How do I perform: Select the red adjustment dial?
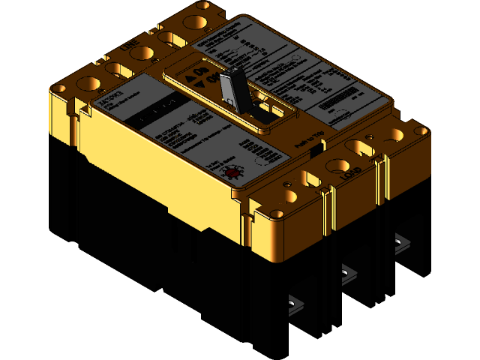coord(232,174)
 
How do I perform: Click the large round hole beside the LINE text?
coord(147,53)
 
